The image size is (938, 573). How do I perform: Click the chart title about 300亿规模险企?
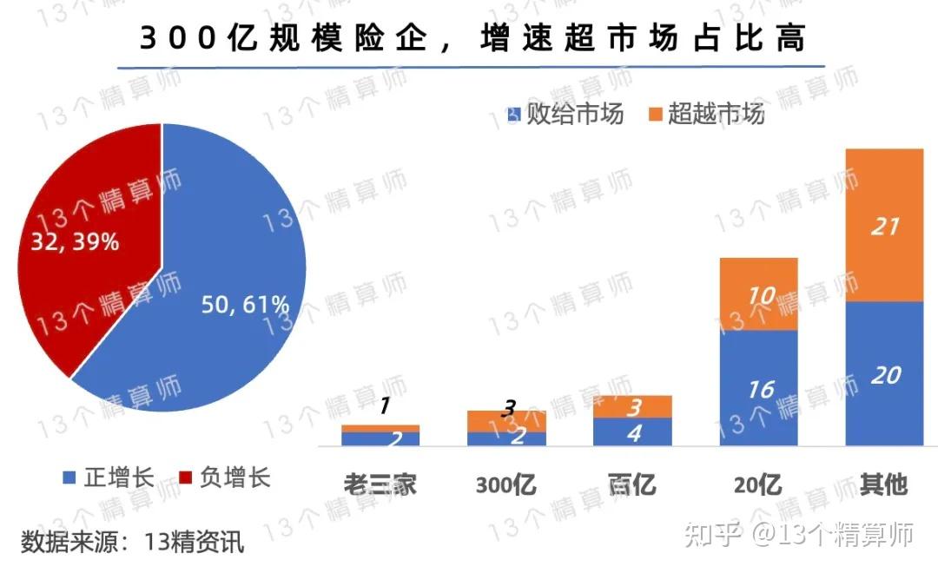[x=472, y=38]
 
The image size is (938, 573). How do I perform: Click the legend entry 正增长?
[x=109, y=477]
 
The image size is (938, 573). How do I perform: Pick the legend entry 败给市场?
[x=565, y=114]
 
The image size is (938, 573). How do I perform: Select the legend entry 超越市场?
[x=706, y=114]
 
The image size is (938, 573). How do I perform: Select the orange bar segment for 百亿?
[x=633, y=406]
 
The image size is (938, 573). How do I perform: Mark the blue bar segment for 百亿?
[x=633, y=431]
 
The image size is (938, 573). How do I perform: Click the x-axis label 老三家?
[x=380, y=484]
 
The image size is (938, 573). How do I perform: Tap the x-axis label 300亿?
[x=505, y=484]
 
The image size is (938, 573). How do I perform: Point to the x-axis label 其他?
[x=882, y=484]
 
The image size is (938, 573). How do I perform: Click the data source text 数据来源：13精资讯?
[x=133, y=543]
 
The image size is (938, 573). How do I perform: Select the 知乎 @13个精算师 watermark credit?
[x=799, y=535]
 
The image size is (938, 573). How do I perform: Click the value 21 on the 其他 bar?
[x=884, y=227]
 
